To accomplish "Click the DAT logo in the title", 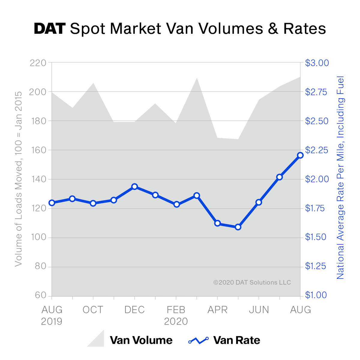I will [x=49, y=29].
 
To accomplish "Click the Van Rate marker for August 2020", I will [x=300, y=155].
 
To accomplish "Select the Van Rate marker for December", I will [x=134, y=187].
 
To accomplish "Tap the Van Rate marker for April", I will [x=217, y=223].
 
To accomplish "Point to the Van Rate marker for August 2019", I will [x=52, y=203].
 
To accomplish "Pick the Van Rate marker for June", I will [x=259, y=202].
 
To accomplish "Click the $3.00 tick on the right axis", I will [x=317, y=63].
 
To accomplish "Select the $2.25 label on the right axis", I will [x=317, y=150].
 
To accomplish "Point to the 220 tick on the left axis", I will [x=38, y=63].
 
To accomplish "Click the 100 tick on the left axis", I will [x=38, y=237].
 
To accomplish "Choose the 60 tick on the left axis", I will [x=40, y=295].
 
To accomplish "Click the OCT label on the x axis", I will [x=93, y=310].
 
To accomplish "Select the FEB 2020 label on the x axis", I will [x=176, y=315].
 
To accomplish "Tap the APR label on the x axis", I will [x=217, y=310].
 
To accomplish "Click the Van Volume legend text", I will [x=141, y=340].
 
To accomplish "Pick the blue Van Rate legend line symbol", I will [x=198, y=340].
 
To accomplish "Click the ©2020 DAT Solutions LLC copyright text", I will [x=252, y=282].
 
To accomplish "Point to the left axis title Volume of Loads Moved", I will [x=19, y=179].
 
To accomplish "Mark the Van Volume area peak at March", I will [x=197, y=79].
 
